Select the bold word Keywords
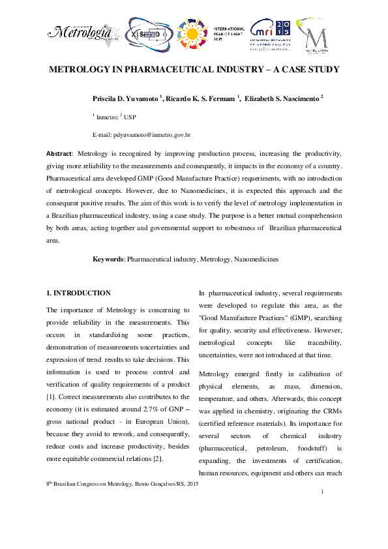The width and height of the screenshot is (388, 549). pos(108,259)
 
